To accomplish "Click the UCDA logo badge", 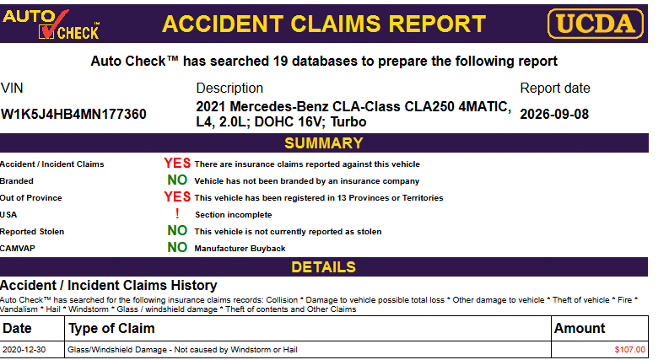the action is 596,24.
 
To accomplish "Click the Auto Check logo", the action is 51,24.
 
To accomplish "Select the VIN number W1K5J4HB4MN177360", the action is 73,115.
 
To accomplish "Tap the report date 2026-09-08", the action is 554,115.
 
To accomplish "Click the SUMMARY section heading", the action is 324,143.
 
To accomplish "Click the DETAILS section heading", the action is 323,267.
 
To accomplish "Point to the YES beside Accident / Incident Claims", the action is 177,164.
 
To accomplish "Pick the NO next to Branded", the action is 177,180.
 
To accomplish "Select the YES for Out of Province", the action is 177,197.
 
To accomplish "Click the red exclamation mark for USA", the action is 177,213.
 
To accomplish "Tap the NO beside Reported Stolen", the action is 177,231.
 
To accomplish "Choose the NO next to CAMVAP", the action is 177,247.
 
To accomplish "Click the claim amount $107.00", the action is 629,350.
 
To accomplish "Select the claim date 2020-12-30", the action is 24,350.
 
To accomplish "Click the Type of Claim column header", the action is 111,329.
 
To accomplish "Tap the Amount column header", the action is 580,329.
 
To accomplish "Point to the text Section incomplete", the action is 234,214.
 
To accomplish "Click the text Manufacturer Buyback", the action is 240,248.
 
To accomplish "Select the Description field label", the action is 229,89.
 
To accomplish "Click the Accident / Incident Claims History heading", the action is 108,285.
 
